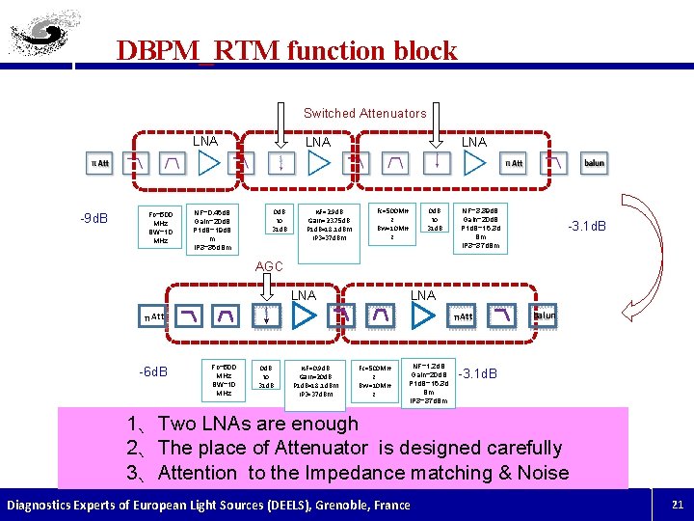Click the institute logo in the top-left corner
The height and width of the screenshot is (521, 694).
(44, 34)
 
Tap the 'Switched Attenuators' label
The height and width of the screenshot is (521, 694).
(364, 113)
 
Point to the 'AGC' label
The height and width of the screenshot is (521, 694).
(269, 266)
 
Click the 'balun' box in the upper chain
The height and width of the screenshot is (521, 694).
(595, 163)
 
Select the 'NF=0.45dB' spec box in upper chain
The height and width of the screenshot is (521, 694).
(211, 227)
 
